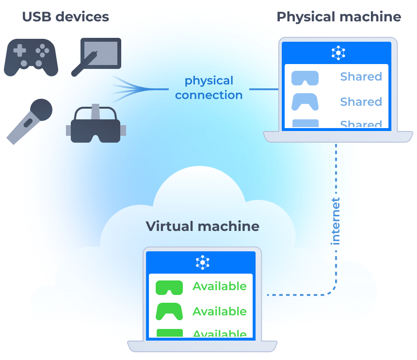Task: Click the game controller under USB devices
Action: click(x=31, y=56)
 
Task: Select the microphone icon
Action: click(x=29, y=121)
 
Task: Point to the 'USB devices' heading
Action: click(x=65, y=17)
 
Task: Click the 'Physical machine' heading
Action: click(x=338, y=17)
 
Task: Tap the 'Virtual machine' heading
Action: click(x=202, y=226)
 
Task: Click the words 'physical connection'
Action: click(x=208, y=88)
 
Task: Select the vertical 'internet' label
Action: click(x=336, y=221)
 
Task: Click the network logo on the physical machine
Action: click(x=338, y=53)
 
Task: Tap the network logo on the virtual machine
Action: click(x=202, y=262)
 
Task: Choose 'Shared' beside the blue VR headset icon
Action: click(x=361, y=77)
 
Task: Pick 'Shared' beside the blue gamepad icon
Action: click(x=361, y=102)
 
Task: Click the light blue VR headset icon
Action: click(x=305, y=78)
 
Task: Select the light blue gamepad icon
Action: click(x=305, y=102)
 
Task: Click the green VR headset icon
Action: click(x=169, y=287)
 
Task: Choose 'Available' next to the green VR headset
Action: click(x=219, y=286)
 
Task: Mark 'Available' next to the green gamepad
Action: click(x=219, y=311)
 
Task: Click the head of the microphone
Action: click(x=42, y=110)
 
